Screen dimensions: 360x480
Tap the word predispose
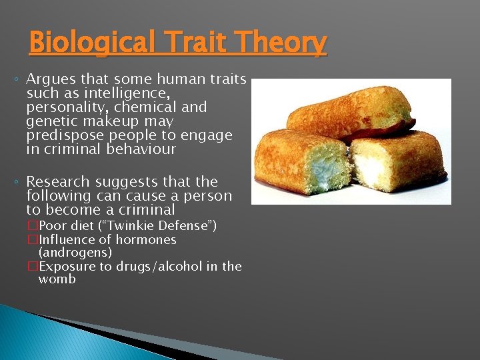click(x=63, y=135)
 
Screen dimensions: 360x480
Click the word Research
click(x=57, y=182)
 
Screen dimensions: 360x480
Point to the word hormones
click(x=145, y=239)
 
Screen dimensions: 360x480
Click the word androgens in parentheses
click(x=75, y=253)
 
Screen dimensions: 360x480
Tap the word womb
click(x=57, y=279)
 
